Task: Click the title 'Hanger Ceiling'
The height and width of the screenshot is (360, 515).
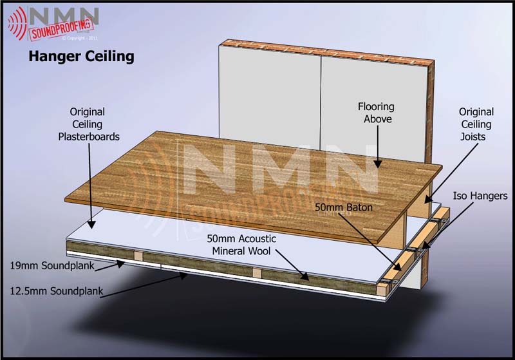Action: pyautogui.click(x=80, y=57)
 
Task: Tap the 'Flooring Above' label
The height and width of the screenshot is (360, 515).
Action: pyautogui.click(x=376, y=113)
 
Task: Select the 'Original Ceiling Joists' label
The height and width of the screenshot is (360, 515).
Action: pyautogui.click(x=476, y=124)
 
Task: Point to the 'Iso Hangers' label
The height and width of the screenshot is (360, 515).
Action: pyautogui.click(x=480, y=196)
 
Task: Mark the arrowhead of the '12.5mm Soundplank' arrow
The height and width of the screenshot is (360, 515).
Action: pyautogui.click(x=189, y=274)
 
